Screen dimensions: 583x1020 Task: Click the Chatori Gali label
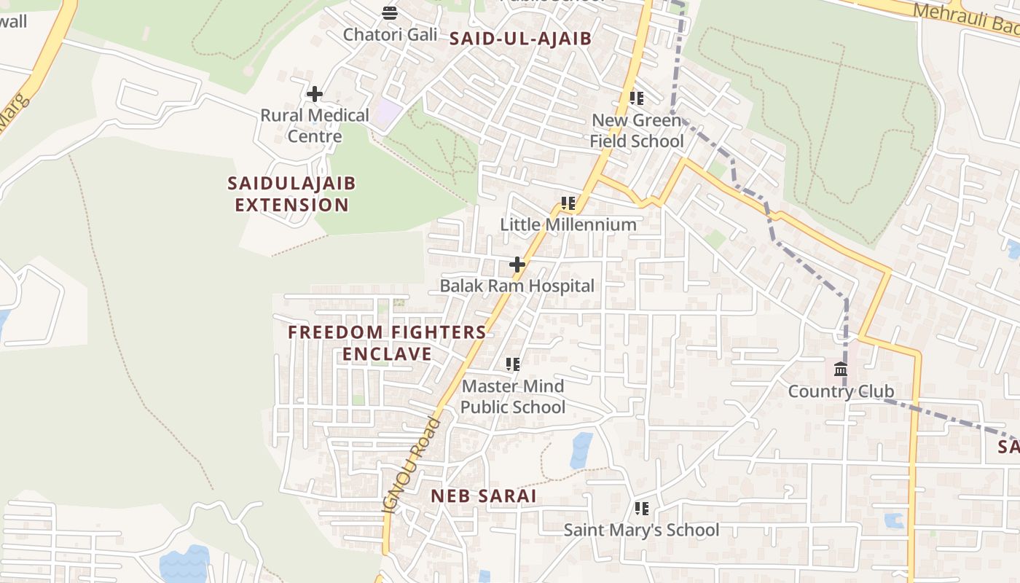[x=390, y=34]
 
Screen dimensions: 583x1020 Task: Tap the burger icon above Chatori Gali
[x=390, y=12]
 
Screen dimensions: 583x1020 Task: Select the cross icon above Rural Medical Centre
[x=315, y=94]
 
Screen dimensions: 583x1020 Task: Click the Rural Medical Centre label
[x=315, y=125]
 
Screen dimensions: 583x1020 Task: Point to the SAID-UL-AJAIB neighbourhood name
[x=520, y=39]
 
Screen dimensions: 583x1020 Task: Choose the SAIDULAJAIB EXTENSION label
[x=291, y=194]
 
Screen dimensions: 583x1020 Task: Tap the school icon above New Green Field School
[x=637, y=98]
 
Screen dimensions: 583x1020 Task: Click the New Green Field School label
[x=637, y=130]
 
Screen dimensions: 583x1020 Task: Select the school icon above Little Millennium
[x=568, y=203]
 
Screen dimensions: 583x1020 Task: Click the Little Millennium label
[x=568, y=224]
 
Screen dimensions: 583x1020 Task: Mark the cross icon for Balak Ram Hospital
[x=517, y=265]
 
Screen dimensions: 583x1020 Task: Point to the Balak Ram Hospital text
[x=517, y=286]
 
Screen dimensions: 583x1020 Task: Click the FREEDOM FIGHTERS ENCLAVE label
[x=387, y=343]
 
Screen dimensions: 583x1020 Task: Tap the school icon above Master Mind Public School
[x=513, y=364]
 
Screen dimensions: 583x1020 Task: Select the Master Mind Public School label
[x=513, y=396]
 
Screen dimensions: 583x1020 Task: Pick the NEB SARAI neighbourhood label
[x=484, y=496]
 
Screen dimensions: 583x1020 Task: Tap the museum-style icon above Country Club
[x=841, y=369]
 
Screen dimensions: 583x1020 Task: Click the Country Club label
[x=841, y=391]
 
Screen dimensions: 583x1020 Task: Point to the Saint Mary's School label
[x=641, y=530]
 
